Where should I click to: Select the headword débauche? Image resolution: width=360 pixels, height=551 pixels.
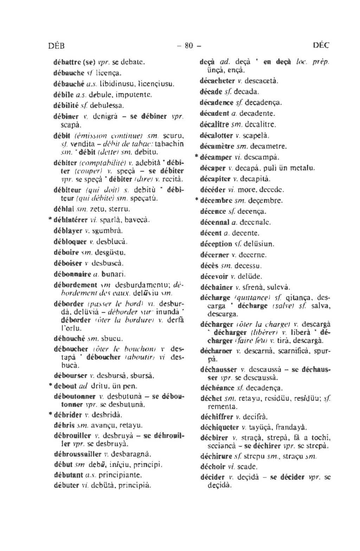point(67,74)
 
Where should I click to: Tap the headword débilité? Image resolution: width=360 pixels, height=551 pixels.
point(67,105)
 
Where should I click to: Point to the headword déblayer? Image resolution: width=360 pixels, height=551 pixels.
point(68,231)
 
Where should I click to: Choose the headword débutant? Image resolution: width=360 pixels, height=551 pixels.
point(68,475)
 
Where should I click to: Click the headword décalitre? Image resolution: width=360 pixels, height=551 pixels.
point(214,125)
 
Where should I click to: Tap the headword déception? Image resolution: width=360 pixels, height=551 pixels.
point(216,244)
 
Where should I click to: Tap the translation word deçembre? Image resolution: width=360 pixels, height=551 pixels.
point(265,201)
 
